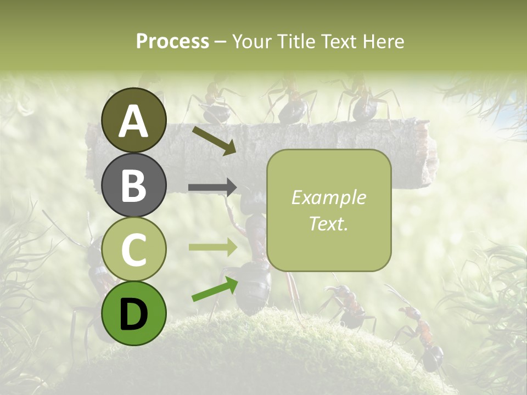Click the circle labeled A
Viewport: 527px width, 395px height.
click(x=133, y=120)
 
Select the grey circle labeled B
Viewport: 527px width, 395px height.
click(x=133, y=185)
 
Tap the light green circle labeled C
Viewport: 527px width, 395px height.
click(x=133, y=249)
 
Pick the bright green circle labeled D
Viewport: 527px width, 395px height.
click(x=133, y=313)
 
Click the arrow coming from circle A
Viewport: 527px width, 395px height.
click(x=214, y=139)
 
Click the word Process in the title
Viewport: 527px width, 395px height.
click(x=172, y=41)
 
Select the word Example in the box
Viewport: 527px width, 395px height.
click(x=328, y=198)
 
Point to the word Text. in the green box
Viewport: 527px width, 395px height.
click(x=328, y=223)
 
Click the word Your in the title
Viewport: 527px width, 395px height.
click(x=251, y=41)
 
